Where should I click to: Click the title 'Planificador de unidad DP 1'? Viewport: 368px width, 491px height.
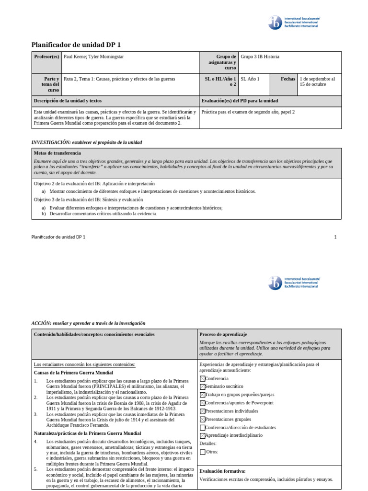[x=76, y=45]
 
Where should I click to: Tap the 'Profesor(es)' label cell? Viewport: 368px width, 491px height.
[x=46, y=57]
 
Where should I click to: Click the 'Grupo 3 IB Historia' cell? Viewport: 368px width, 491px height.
[x=260, y=57]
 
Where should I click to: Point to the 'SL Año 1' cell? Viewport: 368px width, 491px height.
[x=250, y=79]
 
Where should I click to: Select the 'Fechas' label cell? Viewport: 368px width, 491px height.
[x=288, y=79]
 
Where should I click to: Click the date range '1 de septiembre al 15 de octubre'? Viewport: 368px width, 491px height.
[x=317, y=82]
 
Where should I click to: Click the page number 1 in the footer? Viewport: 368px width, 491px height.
[x=335, y=237]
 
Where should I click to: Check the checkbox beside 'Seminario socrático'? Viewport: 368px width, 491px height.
[x=202, y=386]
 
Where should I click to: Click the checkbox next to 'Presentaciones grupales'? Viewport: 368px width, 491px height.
[x=202, y=419]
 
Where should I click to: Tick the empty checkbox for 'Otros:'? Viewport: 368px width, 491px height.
[x=202, y=452]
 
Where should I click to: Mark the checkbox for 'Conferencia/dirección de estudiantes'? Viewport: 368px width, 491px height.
[x=202, y=427]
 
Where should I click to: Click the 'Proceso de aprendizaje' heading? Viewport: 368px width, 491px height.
[x=223, y=334]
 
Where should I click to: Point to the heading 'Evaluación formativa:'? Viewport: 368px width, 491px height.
[x=222, y=471]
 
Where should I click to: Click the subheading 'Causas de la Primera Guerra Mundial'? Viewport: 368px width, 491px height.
[x=73, y=373]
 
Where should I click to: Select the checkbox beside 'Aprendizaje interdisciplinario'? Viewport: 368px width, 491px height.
[x=202, y=435]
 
